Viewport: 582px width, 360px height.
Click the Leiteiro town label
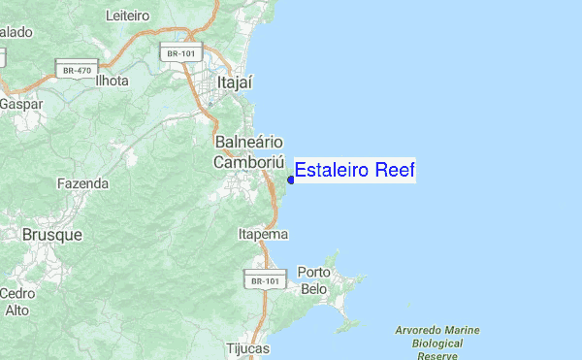click(126, 16)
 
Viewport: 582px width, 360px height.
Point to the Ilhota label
click(112, 81)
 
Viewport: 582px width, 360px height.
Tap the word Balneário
click(247, 143)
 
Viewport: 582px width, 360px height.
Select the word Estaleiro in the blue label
click(334, 171)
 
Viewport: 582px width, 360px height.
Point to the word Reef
click(396, 171)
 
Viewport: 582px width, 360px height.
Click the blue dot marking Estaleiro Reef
click(291, 180)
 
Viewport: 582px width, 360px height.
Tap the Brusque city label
click(52, 235)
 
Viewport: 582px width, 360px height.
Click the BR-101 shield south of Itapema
click(264, 280)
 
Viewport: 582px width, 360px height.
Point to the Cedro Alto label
click(17, 302)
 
